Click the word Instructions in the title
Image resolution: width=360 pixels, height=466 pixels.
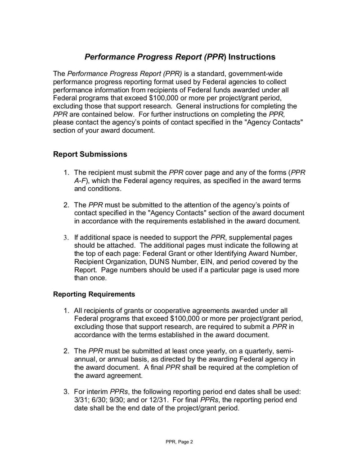[252, 57]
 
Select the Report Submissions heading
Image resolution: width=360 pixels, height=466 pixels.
[90, 154]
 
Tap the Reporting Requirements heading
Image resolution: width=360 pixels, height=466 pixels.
[94, 294]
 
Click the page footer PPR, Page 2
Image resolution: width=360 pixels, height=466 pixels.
[179, 442]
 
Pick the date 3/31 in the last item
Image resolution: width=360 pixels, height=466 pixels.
[82, 400]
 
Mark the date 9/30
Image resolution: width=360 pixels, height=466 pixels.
[121, 400]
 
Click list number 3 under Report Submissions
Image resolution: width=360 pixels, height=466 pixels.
[66, 237]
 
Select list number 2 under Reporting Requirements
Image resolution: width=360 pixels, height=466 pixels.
[66, 351]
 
